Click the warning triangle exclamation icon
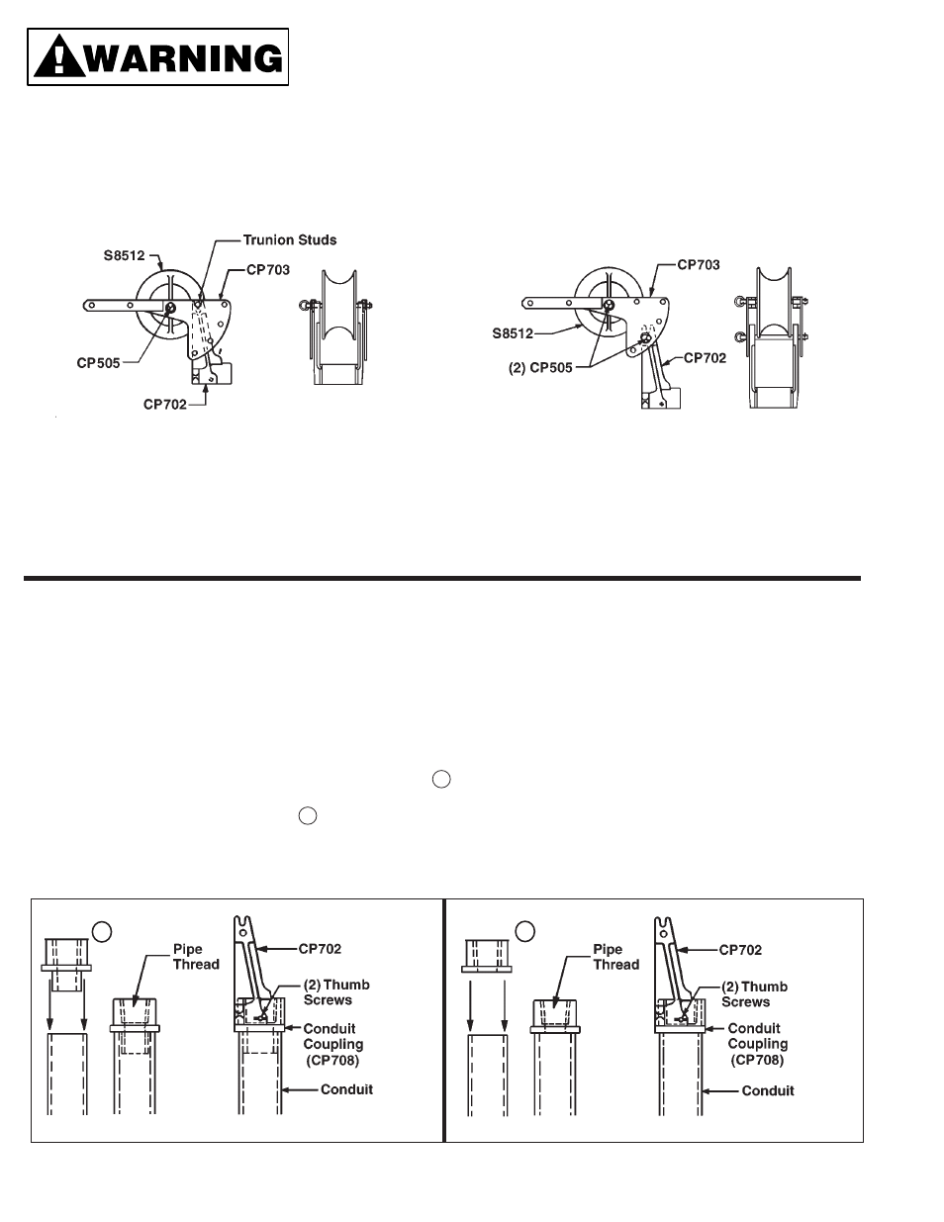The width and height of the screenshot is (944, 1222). click(59, 55)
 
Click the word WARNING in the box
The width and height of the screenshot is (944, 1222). click(185, 57)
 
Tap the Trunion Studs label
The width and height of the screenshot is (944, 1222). click(290, 240)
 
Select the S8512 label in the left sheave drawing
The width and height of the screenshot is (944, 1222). click(125, 256)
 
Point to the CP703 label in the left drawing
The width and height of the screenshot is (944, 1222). click(268, 270)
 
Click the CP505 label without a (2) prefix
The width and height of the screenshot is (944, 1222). click(98, 363)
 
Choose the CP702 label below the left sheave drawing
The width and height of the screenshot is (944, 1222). click(164, 405)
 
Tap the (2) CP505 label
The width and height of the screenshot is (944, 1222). click(540, 368)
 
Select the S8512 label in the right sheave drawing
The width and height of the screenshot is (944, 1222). click(513, 333)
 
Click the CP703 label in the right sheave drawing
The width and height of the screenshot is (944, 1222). click(699, 265)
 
